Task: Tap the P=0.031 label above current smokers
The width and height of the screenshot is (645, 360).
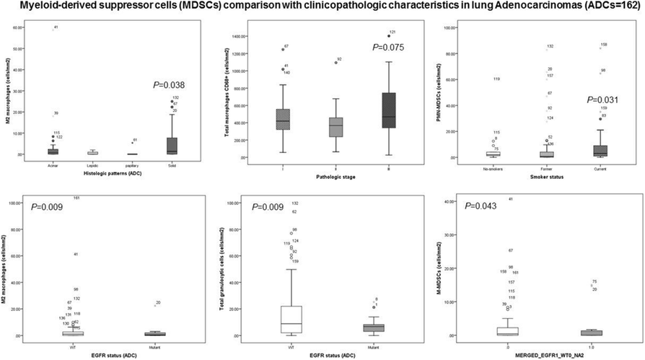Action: tap(605, 100)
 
